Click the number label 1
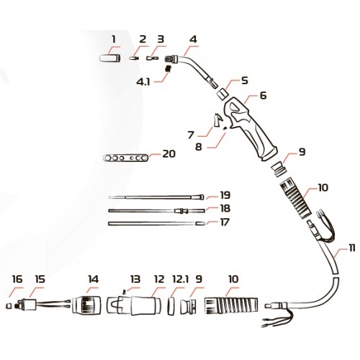(114, 39)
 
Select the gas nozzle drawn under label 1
(110, 58)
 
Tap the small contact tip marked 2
(134, 58)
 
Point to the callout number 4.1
(143, 82)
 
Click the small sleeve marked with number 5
(222, 94)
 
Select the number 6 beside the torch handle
(263, 96)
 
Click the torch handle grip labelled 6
(250, 128)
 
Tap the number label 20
(169, 154)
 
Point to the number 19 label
(225, 195)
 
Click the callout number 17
(225, 222)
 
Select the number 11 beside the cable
(351, 248)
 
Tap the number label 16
(17, 279)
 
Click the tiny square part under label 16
(9, 305)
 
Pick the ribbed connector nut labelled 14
(86, 305)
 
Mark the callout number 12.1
(181, 279)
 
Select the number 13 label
(135, 279)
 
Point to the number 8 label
(199, 147)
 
